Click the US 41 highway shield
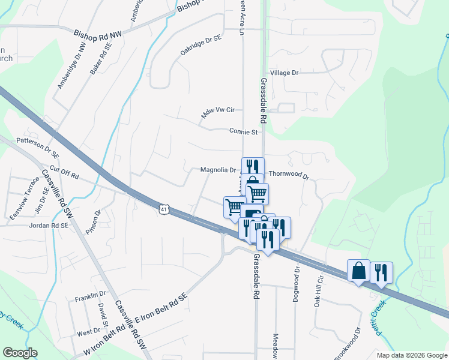164,209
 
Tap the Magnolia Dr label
218,170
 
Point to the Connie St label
243,131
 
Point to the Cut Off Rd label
65,173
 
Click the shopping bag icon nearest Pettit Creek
359,271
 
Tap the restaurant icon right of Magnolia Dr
253,167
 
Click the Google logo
20,353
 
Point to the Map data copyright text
411,355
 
